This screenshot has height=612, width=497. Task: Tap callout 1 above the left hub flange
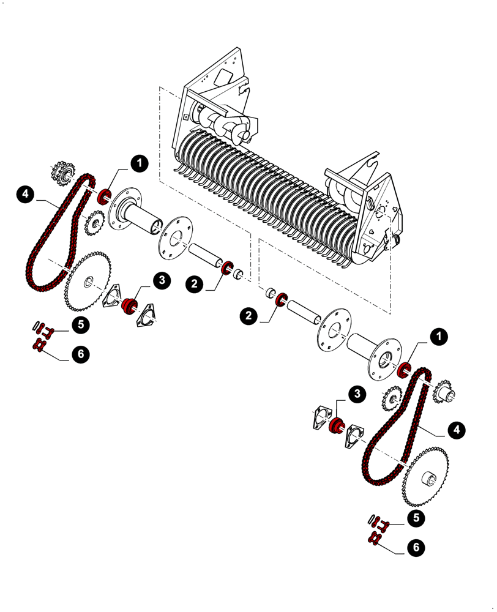[140, 163]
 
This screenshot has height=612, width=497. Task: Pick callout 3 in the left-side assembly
[161, 280]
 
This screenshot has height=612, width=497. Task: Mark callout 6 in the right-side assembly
[416, 547]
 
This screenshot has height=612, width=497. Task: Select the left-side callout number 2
[195, 283]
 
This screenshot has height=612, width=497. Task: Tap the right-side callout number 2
[248, 316]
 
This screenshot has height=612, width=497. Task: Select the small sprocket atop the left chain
[62, 173]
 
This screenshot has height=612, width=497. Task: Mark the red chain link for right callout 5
[383, 524]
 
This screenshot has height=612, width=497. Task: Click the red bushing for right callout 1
[404, 370]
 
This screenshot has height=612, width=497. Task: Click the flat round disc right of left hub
[175, 237]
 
